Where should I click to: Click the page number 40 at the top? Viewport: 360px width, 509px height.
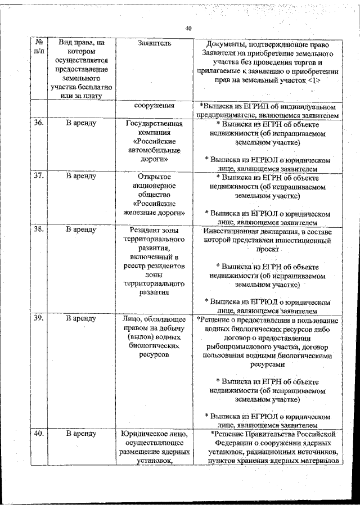click(x=188, y=28)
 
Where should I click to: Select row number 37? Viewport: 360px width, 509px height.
click(x=39, y=176)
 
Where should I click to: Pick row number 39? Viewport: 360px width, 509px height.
click(x=39, y=318)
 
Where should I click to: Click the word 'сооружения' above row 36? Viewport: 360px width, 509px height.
click(x=154, y=105)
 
